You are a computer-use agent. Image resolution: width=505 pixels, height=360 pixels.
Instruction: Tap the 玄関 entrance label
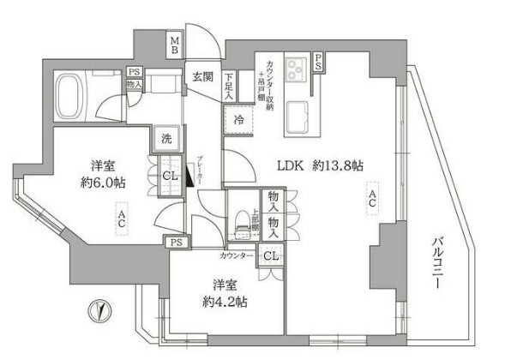pyautogui.click(x=202, y=78)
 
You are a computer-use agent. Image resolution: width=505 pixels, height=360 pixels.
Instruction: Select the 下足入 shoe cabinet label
pyautogui.click(x=229, y=88)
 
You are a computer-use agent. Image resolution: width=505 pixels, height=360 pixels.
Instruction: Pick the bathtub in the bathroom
pyautogui.click(x=78, y=88)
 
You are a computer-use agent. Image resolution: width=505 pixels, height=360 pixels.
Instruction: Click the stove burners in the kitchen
pyautogui.click(x=299, y=66)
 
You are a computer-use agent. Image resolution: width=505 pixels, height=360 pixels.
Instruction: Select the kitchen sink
pyautogui.click(x=299, y=111)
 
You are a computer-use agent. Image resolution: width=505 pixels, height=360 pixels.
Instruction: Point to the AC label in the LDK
pyautogui.click(x=371, y=203)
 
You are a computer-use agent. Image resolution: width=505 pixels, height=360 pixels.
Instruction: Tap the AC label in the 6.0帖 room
pyautogui.click(x=122, y=219)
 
